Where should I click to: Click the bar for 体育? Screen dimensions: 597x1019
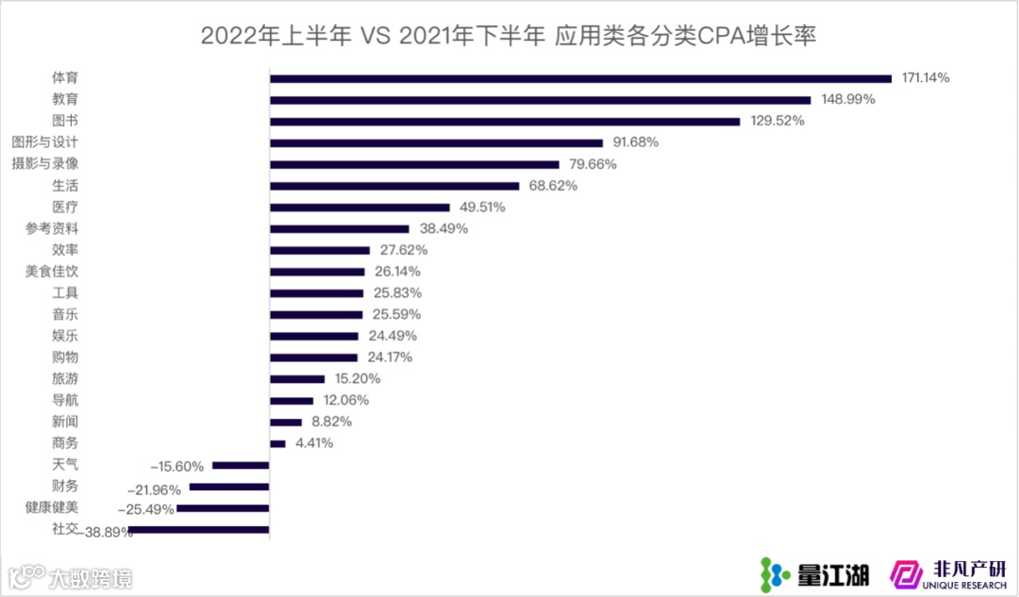pyautogui.click(x=580, y=78)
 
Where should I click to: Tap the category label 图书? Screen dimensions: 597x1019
pyautogui.click(x=65, y=121)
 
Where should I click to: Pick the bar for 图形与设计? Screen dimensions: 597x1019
pyautogui.click(x=436, y=142)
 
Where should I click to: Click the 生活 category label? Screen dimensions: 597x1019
pyautogui.click(x=65, y=186)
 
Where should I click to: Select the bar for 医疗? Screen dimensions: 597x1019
pyautogui.click(x=359, y=207)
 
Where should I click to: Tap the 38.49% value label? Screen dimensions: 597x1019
pyautogui.click(x=443, y=228)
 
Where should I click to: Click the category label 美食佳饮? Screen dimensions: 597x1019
pyautogui.click(x=52, y=272)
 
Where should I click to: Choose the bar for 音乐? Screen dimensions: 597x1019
pyautogui.click(x=316, y=315)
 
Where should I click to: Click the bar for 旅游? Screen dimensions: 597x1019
pyautogui.click(x=297, y=379)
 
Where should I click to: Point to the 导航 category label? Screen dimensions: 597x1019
pyautogui.click(x=65, y=401)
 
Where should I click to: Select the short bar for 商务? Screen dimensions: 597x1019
pyautogui.click(x=277, y=443)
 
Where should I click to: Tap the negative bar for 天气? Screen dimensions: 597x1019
pyautogui.click(x=241, y=465)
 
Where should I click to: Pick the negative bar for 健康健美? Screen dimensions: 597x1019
pyautogui.click(x=223, y=508)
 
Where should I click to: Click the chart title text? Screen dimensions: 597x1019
pyautogui.click(x=509, y=36)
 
